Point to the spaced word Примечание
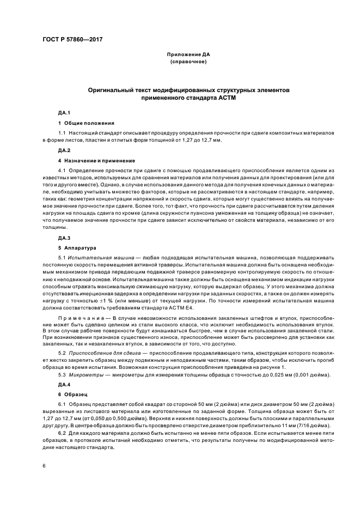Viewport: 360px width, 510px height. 77,318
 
